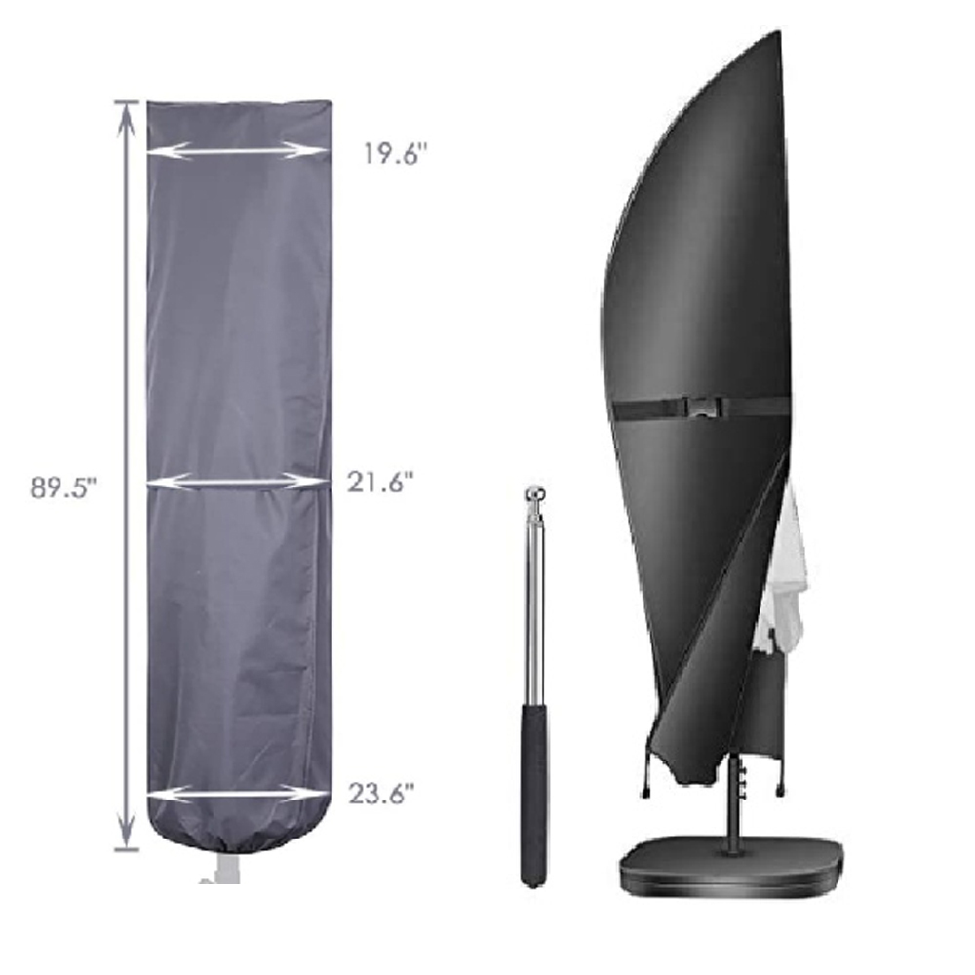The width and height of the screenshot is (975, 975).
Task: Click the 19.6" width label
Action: (x=396, y=153)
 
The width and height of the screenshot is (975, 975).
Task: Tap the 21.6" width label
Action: (x=380, y=482)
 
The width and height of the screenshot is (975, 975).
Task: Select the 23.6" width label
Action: (x=380, y=794)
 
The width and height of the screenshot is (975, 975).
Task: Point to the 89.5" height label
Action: (x=64, y=487)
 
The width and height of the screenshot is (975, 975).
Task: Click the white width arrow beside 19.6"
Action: (x=237, y=150)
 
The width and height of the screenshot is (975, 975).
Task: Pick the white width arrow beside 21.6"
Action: (x=237, y=481)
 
